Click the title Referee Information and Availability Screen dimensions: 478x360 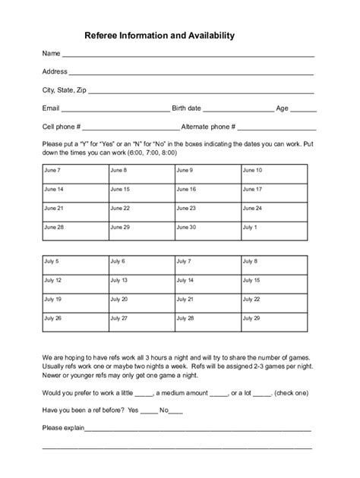[x=159, y=35]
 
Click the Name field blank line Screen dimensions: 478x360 [x=188, y=55]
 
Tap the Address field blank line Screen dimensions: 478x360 [x=191, y=74]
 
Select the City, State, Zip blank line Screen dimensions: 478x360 [x=201, y=92]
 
